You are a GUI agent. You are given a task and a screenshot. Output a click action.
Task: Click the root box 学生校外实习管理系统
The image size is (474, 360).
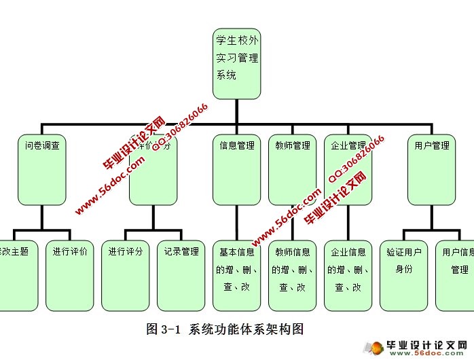[237, 62]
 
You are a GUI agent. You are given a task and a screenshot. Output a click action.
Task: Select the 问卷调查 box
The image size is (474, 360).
[42, 169]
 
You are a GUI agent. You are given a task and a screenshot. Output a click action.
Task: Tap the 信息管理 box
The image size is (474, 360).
[237, 169]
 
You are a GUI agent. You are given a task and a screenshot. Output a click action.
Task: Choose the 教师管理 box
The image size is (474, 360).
[293, 169]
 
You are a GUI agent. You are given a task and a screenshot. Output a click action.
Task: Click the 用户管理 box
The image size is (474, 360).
[432, 169]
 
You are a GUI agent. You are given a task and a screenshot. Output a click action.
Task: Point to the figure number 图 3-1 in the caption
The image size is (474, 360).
[162, 329]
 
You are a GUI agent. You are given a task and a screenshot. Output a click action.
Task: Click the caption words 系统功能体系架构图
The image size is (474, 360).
[247, 329]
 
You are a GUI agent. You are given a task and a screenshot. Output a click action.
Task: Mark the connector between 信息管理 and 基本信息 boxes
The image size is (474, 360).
[237, 222]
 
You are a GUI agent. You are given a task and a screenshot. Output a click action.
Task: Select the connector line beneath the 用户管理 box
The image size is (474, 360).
[432, 217]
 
